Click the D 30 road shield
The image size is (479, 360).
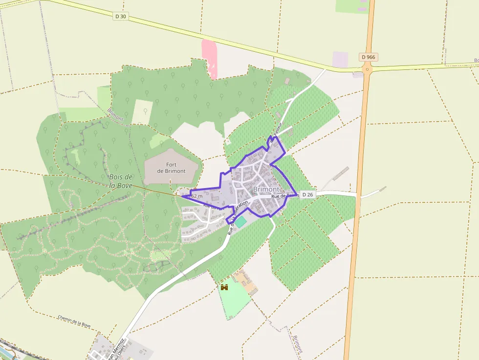tap(120, 16)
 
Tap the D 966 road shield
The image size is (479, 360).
tap(369, 57)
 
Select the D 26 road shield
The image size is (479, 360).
tap(307, 194)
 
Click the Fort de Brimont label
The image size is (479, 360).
tap(171, 168)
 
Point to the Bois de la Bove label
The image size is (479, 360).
tap(121, 181)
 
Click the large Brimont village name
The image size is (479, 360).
tap(266, 189)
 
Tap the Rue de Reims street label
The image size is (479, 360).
tap(284, 196)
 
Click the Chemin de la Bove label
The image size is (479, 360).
tap(74, 320)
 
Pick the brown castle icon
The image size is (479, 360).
tap(224, 287)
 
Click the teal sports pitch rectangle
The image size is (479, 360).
tap(241, 221)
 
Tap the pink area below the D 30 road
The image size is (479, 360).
tap(210, 58)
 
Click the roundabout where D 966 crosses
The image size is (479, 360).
tap(368, 69)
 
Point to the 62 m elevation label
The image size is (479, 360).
tap(196, 196)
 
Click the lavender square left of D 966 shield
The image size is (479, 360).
tap(340, 60)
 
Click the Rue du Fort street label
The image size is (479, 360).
tap(214, 208)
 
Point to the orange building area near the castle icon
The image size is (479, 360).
tap(246, 282)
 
